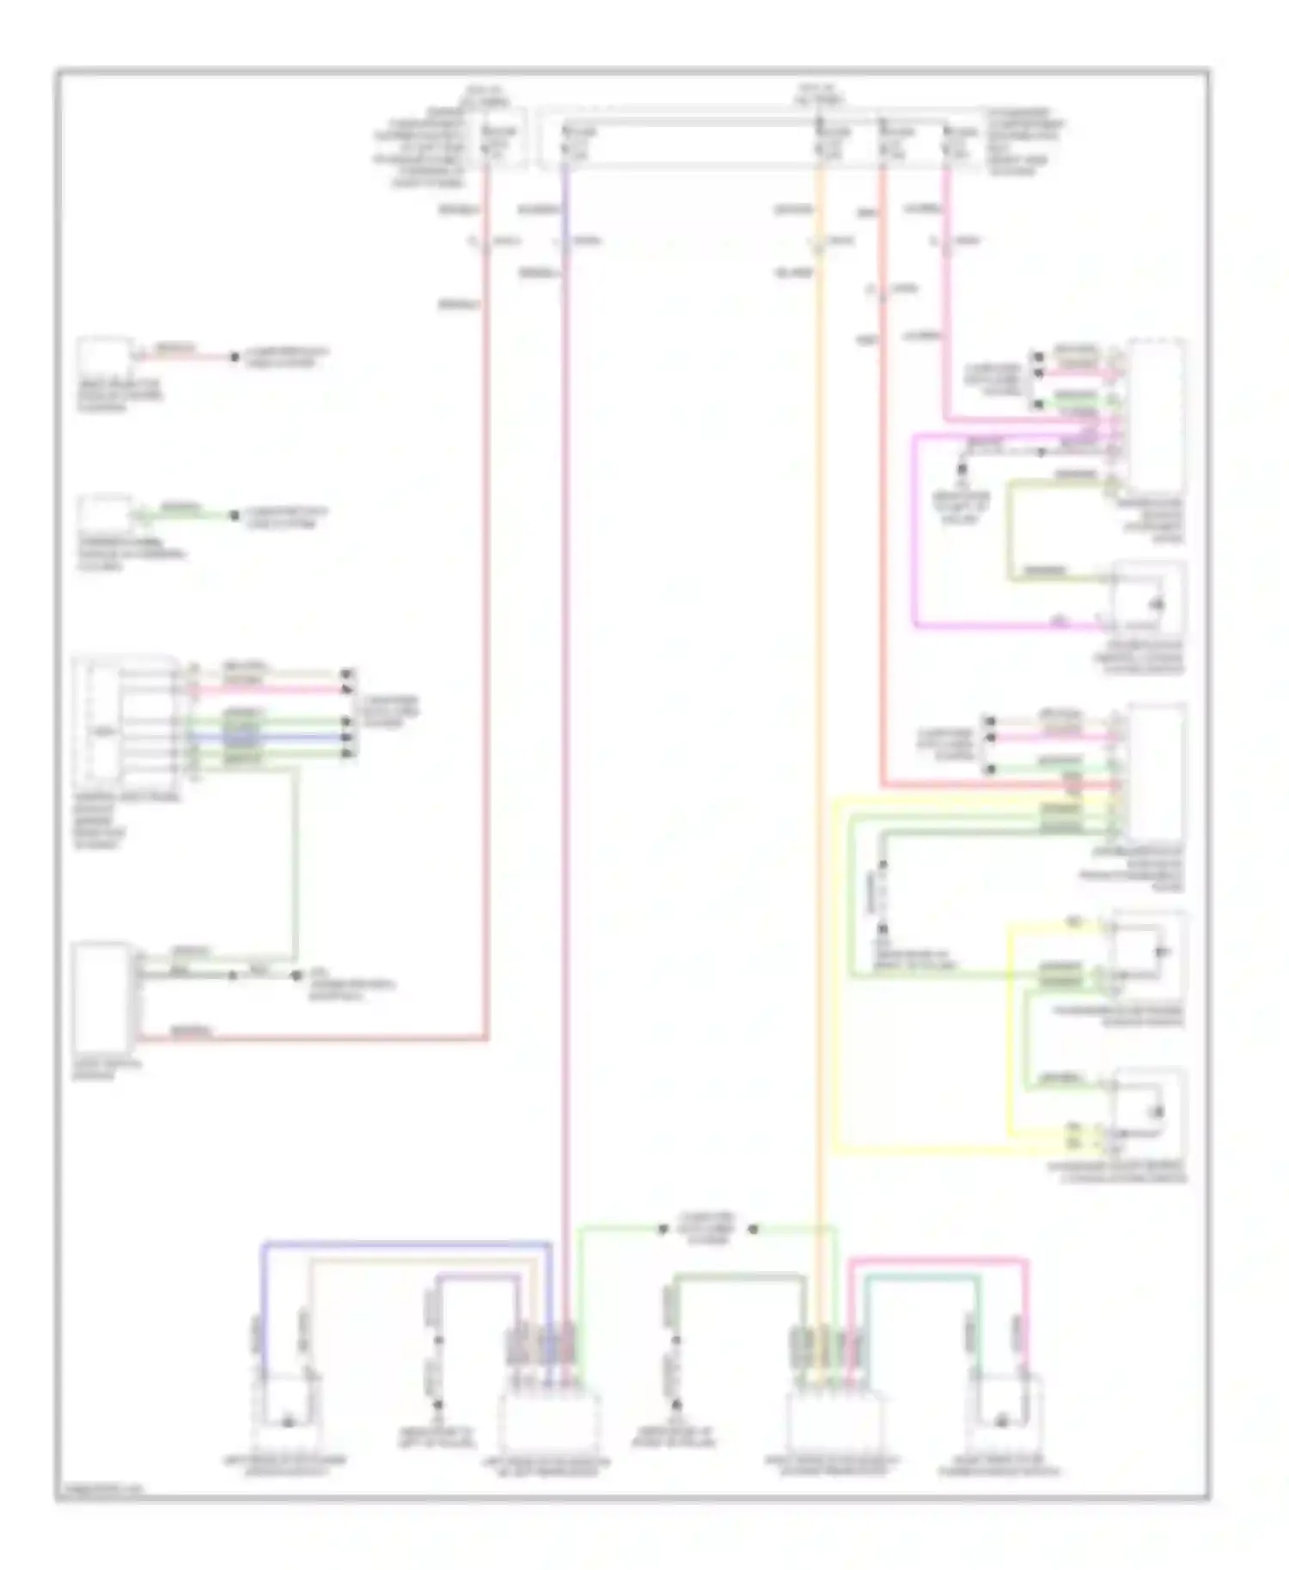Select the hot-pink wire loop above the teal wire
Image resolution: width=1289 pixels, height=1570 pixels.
pyautogui.click(x=937, y=1261)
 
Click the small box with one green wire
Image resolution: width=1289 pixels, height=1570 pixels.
pyautogui.click(x=104, y=515)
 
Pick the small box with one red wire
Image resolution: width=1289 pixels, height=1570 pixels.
pyautogui.click(x=104, y=356)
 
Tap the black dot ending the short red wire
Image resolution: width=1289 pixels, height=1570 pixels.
pyautogui.click(x=234, y=356)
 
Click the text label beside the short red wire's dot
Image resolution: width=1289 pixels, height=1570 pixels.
pyautogui.click(x=286, y=357)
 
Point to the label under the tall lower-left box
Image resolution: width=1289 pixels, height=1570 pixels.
pyautogui.click(x=108, y=1069)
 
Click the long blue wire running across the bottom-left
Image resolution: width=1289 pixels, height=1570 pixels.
pyautogui.click(x=404, y=1243)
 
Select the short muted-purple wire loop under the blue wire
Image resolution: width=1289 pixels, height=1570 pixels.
pyautogui.click(x=478, y=1277)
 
